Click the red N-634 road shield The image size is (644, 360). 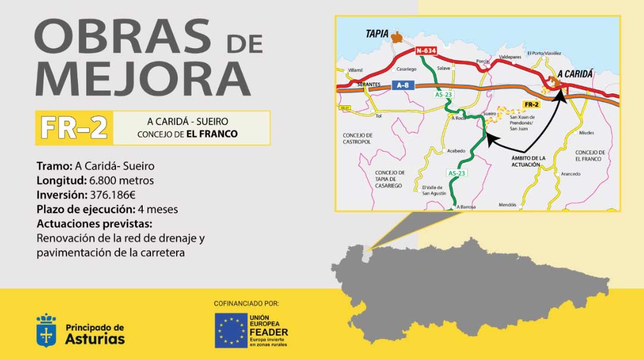tap(426, 51)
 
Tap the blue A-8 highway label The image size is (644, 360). tap(403, 86)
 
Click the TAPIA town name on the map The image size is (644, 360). tap(377, 35)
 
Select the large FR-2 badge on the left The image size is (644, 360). tap(74, 127)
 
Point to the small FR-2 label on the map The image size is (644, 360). tap(531, 105)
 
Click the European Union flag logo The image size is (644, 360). tap(231, 330)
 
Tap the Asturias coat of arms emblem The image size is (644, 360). tap(46, 330)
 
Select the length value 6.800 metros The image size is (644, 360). tap(121, 180)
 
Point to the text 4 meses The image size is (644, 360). tap(158, 209)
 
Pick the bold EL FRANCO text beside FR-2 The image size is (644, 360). tap(212, 134)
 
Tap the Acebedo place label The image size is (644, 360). tap(456, 151)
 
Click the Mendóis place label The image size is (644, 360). tap(508, 204)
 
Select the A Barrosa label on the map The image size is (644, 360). tap(467, 206)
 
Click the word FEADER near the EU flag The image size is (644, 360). tap(269, 332)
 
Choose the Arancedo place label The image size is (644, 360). tap(570, 174)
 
